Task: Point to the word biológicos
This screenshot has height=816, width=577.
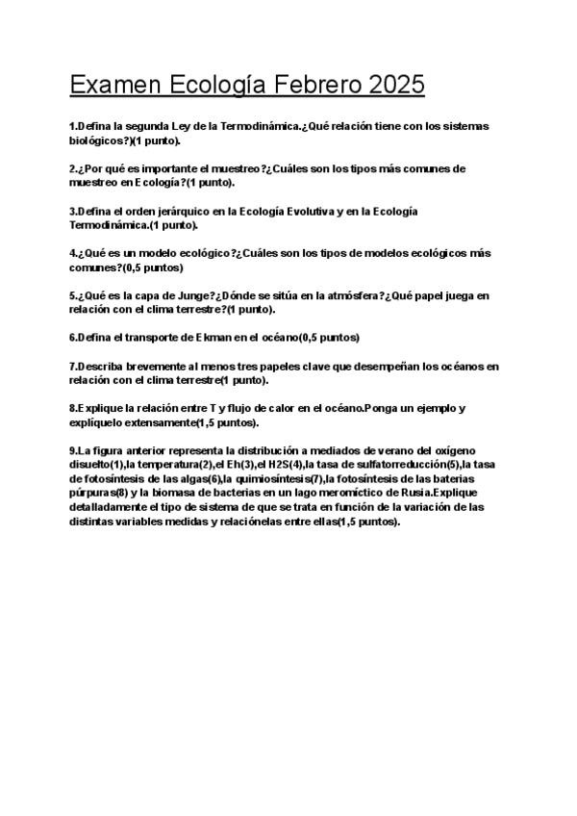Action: [97, 140]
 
